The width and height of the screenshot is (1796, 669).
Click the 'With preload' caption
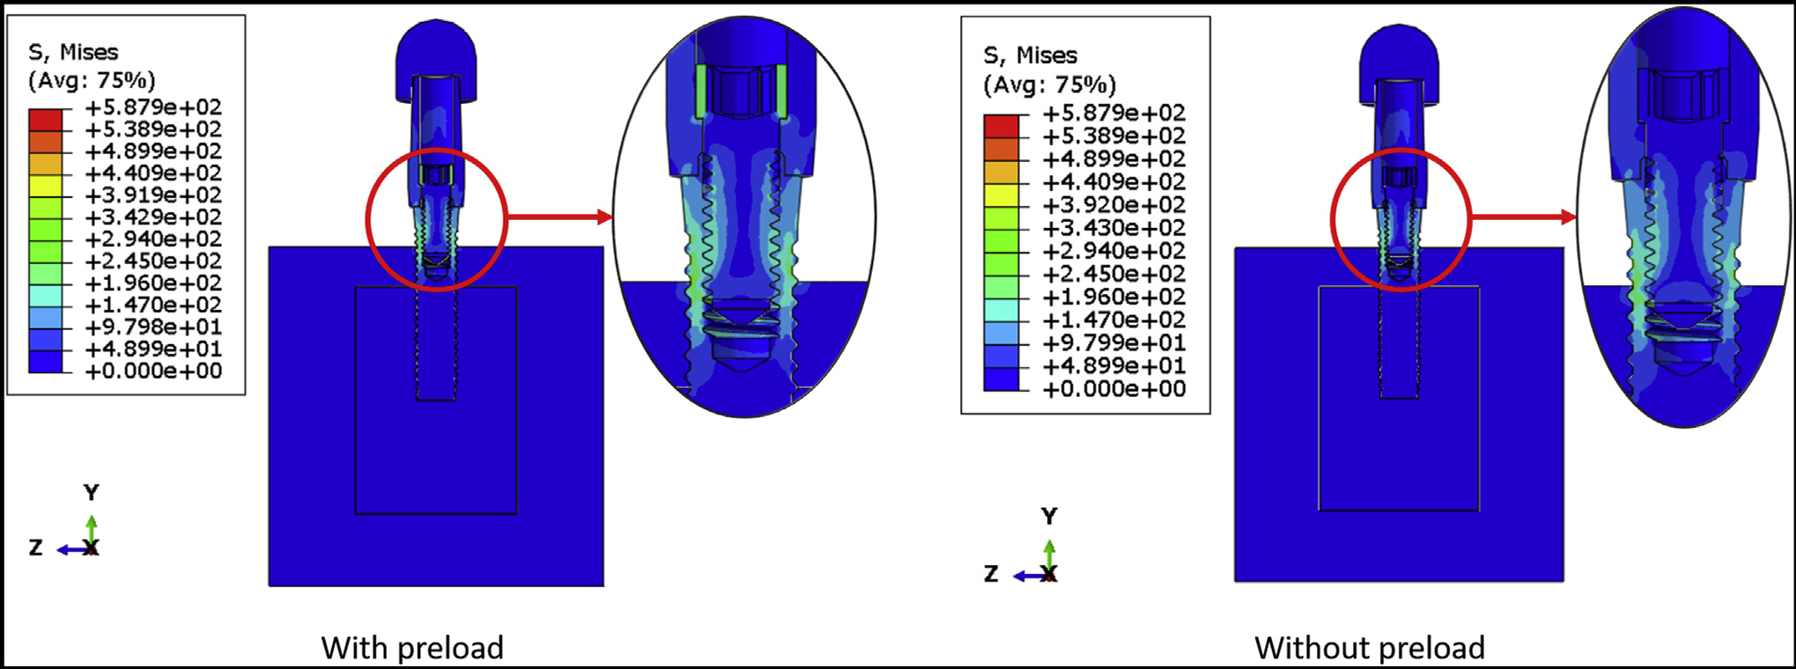pos(412,648)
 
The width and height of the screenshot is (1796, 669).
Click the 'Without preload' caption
pos(1370,648)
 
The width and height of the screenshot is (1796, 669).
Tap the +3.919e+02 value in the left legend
pos(153,195)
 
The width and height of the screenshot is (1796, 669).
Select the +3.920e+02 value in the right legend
pos(1114,205)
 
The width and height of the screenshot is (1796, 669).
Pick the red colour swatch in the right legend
pos(1001,126)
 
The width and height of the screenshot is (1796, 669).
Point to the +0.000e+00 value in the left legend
pos(153,371)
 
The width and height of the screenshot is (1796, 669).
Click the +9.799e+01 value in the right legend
pos(1114,343)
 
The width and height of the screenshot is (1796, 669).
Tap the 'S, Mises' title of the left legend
pos(73,53)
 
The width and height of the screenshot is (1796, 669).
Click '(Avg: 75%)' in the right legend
pos(1049,85)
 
